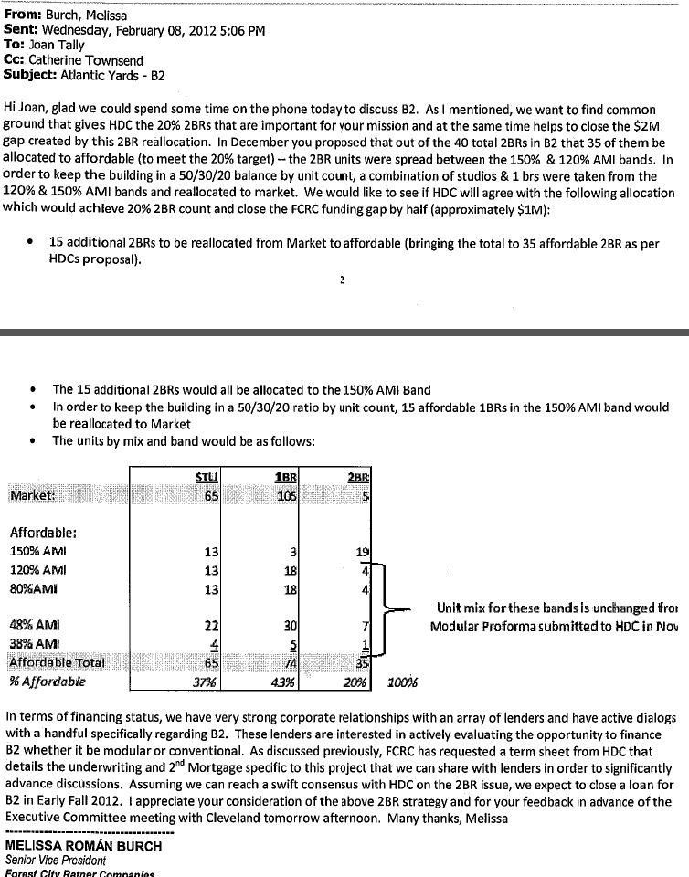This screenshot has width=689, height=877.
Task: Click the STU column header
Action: pos(207,476)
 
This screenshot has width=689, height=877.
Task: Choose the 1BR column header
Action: pos(287,476)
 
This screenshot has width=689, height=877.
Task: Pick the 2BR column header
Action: pos(357,476)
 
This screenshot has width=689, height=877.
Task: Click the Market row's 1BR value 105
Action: pos(288,494)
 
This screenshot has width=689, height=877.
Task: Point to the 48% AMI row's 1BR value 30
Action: pos(291,626)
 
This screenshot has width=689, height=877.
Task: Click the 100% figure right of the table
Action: pos(402,682)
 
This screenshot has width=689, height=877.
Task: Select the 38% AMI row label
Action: pos(32,645)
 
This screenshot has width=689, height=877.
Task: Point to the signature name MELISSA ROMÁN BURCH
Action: pos(83,846)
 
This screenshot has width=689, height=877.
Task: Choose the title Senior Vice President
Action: pos(55,861)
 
